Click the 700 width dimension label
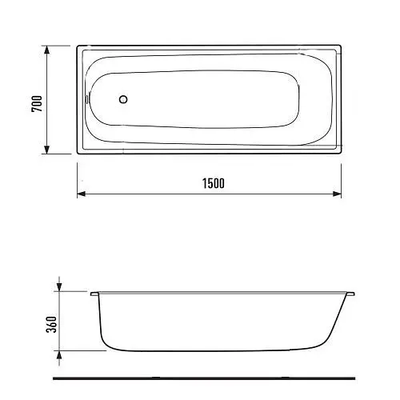coord(37,104)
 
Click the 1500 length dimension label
coord(214,183)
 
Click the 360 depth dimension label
coord(51,324)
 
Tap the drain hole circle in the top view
coord(123,99)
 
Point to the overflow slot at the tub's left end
coord(86,99)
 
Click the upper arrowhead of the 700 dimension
coord(46,50)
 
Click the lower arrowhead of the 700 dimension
coord(46,150)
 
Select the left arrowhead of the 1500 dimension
coord(82,194)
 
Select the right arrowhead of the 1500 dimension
coord(337,194)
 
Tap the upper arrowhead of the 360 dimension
coord(59,287)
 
